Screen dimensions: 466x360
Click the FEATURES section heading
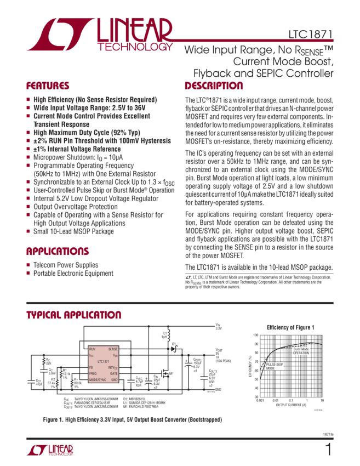click(x=48, y=86)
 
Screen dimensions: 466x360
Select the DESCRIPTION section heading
click(x=214, y=86)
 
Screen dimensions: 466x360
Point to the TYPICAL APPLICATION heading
click(x=74, y=315)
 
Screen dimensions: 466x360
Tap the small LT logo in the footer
click(x=50, y=450)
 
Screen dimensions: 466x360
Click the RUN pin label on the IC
click(x=93, y=349)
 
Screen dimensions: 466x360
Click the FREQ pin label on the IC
click(x=94, y=373)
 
